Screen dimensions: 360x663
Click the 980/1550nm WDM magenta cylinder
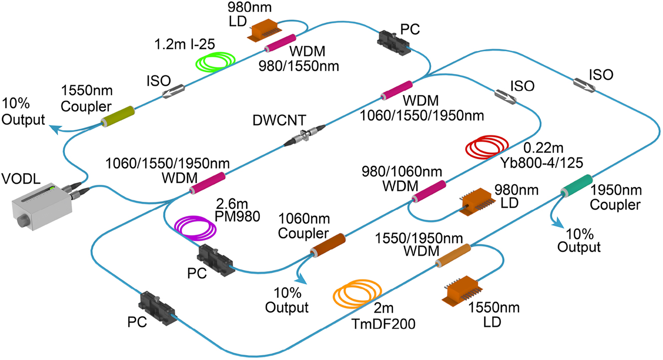click(280, 43)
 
